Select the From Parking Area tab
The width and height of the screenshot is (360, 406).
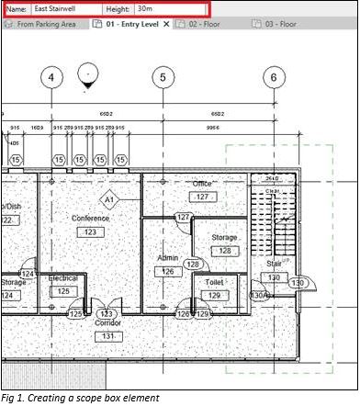click(46, 24)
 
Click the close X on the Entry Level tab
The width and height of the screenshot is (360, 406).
click(166, 24)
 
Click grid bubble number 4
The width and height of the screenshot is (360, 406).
click(51, 77)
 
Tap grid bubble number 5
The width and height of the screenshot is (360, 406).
click(163, 77)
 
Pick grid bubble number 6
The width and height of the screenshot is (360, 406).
click(273, 77)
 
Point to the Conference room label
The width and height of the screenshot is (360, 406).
click(89, 219)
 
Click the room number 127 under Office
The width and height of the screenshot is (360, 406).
click(202, 197)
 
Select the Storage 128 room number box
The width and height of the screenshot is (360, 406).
click(224, 250)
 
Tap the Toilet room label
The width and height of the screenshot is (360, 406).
click(215, 283)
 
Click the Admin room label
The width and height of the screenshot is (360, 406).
click(168, 259)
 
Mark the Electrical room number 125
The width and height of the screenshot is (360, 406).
click(62, 291)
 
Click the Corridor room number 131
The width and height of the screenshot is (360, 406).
click(107, 336)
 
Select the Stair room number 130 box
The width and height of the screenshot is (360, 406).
click(273, 276)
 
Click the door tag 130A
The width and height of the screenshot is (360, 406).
click(260, 295)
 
